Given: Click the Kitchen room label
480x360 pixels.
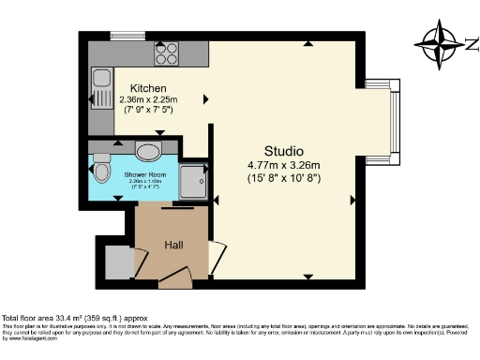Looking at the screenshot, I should pyautogui.click(x=148, y=88).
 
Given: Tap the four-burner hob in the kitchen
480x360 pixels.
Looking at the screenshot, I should pyautogui.click(x=167, y=55).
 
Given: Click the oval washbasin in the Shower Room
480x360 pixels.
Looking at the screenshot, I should pyautogui.click(x=148, y=152).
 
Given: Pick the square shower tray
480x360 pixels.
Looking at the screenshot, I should pyautogui.click(x=193, y=181).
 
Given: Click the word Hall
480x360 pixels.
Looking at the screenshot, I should pyautogui.click(x=174, y=245).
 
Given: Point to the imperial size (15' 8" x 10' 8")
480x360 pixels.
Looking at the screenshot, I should pyautogui.click(x=284, y=178).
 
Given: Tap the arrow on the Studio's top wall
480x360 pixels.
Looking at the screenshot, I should pyautogui.click(x=308, y=44).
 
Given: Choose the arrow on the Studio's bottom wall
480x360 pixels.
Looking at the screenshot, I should pyautogui.click(x=308, y=276).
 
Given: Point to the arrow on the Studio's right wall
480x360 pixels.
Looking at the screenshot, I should pyautogui.click(x=352, y=199).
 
